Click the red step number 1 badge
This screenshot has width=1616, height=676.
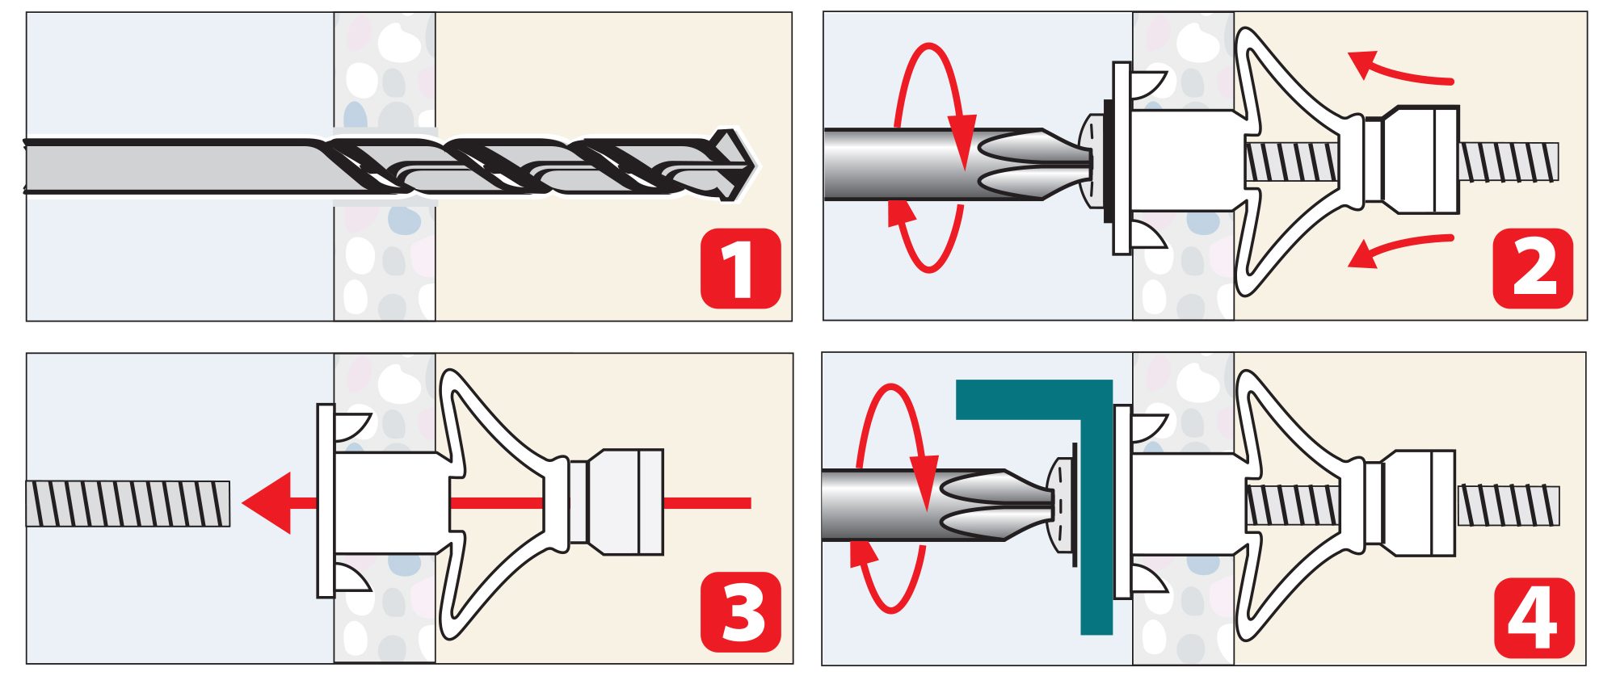click(740, 268)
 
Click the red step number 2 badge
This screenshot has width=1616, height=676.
click(1533, 268)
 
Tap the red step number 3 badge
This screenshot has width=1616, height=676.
click(740, 611)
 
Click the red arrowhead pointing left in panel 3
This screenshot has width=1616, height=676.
click(269, 502)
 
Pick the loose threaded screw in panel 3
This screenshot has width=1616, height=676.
click(128, 503)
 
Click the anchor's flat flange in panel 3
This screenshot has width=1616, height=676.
click(325, 501)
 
